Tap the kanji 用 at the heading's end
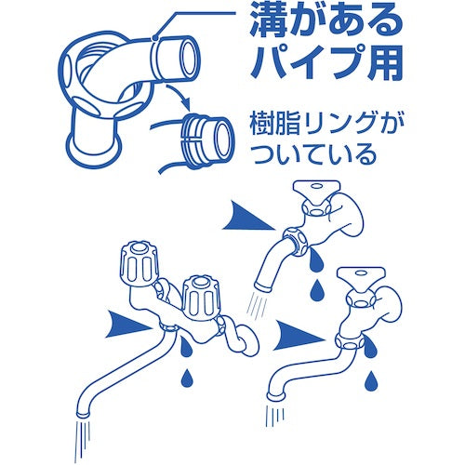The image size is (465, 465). pos(384,62)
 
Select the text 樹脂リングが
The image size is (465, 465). pos(324,125)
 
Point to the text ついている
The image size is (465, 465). pos(313,154)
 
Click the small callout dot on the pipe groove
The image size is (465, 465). pos(154,38)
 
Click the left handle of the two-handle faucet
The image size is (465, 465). pos(139,262)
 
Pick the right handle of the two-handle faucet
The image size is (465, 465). pos(201,295)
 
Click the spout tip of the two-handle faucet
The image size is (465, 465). pos(84,414)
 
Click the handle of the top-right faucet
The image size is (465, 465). pos(316,188)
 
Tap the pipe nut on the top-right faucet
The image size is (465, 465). pos(296,241)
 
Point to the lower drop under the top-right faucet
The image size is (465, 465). pos(316,289)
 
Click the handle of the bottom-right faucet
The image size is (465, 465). pos(361,276)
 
